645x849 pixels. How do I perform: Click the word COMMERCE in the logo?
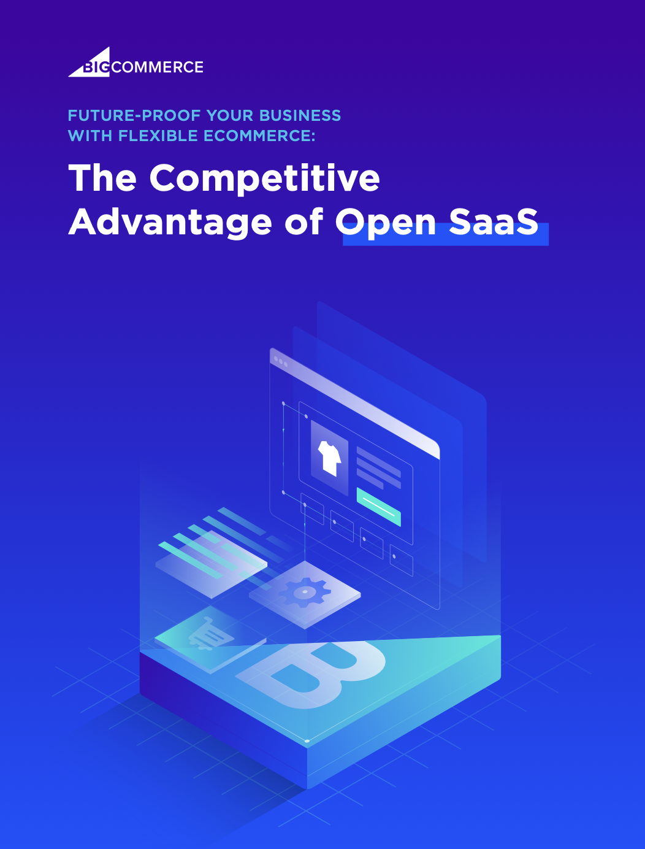(x=158, y=67)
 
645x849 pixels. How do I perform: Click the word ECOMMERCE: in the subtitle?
(x=259, y=136)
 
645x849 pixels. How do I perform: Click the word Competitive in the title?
(x=264, y=178)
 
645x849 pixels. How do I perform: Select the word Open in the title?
(x=386, y=222)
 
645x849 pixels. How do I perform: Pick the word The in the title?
(x=102, y=178)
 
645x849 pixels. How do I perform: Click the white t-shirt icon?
(x=329, y=458)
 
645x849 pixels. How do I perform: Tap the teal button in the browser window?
(x=378, y=507)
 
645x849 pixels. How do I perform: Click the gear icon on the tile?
(x=305, y=592)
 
